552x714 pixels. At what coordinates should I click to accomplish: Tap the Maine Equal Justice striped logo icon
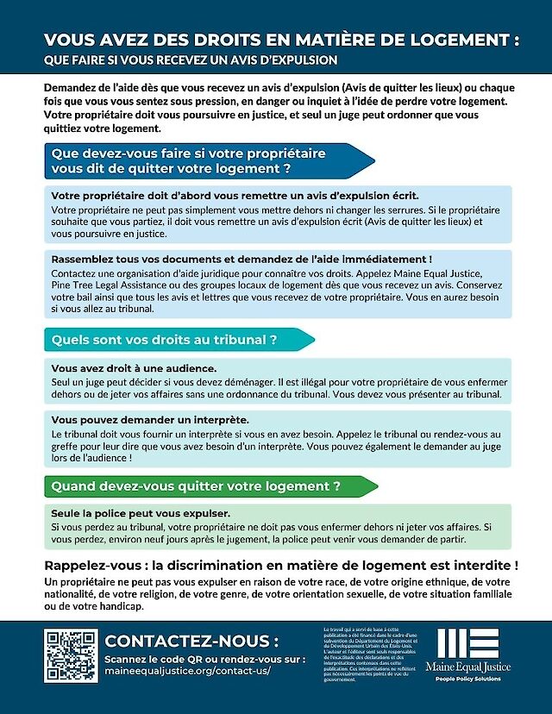pyautogui.click(x=468, y=642)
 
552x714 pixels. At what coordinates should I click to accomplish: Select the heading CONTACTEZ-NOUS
pyautogui.click(x=191, y=641)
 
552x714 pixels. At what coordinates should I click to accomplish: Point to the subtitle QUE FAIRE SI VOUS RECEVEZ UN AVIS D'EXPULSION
pyautogui.click(x=191, y=60)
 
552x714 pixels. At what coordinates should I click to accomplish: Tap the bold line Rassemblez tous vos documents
pyautogui.click(x=241, y=259)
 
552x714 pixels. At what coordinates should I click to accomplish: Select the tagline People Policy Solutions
pyautogui.click(x=467, y=679)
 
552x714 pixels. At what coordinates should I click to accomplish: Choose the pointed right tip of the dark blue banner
pyautogui.click(x=373, y=160)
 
